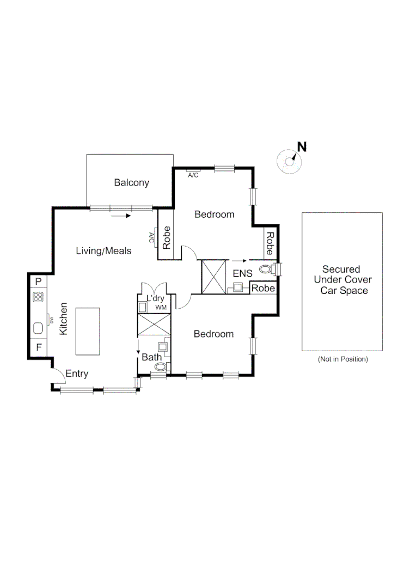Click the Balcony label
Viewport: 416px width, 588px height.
point(131,183)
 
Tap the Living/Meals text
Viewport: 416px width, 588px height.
point(103,251)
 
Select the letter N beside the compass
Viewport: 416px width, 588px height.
point(302,146)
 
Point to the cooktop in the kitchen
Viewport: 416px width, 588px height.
point(38,297)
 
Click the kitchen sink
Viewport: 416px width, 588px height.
point(38,328)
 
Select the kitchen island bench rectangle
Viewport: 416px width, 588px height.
point(87,331)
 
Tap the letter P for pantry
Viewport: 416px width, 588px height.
point(38,281)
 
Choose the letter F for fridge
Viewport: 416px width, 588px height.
point(38,347)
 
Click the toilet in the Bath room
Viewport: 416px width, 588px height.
point(160,368)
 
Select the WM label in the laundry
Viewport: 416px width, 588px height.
point(161,308)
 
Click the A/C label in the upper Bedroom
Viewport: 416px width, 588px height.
point(193,175)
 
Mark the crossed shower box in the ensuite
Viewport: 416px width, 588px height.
point(213,277)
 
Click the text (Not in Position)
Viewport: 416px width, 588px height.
point(342,359)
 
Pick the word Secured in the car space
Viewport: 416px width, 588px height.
point(341,269)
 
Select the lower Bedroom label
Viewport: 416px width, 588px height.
point(214,334)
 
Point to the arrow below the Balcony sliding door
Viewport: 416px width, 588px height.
point(120,216)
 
